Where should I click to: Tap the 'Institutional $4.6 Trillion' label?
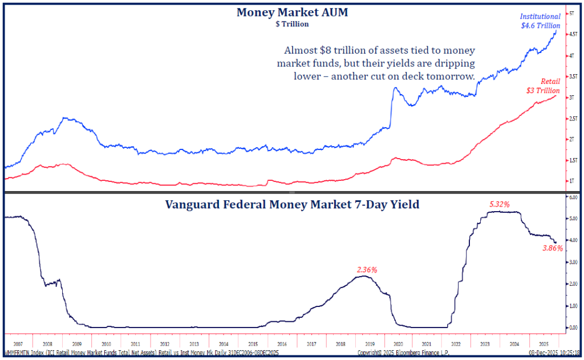(x=541, y=21)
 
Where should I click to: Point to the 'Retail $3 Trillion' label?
(x=543, y=86)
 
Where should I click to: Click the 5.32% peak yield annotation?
(x=501, y=204)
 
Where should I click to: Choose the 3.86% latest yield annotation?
(x=552, y=248)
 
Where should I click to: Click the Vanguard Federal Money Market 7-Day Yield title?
(x=292, y=204)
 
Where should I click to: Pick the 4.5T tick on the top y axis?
(x=570, y=34)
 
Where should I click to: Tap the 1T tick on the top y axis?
(x=570, y=181)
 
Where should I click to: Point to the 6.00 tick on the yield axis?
(x=572, y=197)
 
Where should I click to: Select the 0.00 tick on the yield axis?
(x=572, y=327)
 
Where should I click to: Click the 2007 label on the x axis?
(x=17, y=345)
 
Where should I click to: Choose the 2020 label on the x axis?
(x=399, y=345)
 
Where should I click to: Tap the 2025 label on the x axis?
(x=544, y=345)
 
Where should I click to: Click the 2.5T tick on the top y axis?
(x=570, y=118)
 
